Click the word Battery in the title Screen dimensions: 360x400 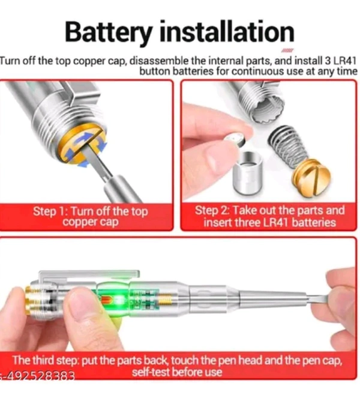click(109, 33)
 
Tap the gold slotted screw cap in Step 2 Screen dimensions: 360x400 click(312, 177)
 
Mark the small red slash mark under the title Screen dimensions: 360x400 click(287, 50)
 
